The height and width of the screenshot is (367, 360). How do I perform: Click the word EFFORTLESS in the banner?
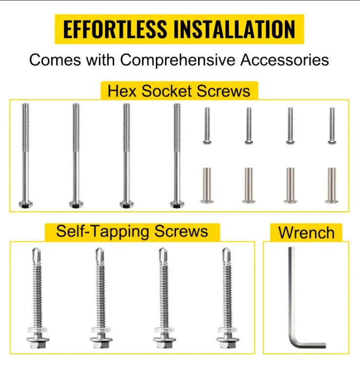tap(115, 29)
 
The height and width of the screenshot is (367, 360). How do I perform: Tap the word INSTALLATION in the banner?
tap(235, 29)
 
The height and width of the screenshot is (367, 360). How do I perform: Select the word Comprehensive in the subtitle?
tap(178, 60)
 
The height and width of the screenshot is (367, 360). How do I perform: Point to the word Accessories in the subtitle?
tap(285, 60)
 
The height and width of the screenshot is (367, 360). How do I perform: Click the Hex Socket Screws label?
tap(179, 91)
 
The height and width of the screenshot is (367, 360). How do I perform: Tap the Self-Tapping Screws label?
tap(132, 231)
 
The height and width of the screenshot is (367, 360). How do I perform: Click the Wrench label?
tap(306, 233)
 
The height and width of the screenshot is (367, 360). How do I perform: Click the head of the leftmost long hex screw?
tap(26, 204)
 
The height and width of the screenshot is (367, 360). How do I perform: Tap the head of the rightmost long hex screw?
tap(177, 204)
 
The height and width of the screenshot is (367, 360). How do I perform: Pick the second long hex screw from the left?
tap(76, 156)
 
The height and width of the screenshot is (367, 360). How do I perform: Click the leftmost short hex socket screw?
tap(207, 126)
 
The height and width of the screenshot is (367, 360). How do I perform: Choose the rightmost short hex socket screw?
tap(332, 126)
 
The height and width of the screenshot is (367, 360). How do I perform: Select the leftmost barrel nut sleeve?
tap(207, 185)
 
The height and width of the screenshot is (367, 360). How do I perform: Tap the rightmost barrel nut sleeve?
tap(332, 185)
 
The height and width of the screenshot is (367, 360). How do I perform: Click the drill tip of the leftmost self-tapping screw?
tap(37, 256)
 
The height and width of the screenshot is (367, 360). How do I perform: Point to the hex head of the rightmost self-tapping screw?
tap(228, 343)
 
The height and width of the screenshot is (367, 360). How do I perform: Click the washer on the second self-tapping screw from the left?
tap(101, 330)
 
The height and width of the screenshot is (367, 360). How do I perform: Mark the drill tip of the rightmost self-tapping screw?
tap(226, 256)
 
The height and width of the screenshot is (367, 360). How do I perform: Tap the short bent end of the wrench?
tap(311, 345)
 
